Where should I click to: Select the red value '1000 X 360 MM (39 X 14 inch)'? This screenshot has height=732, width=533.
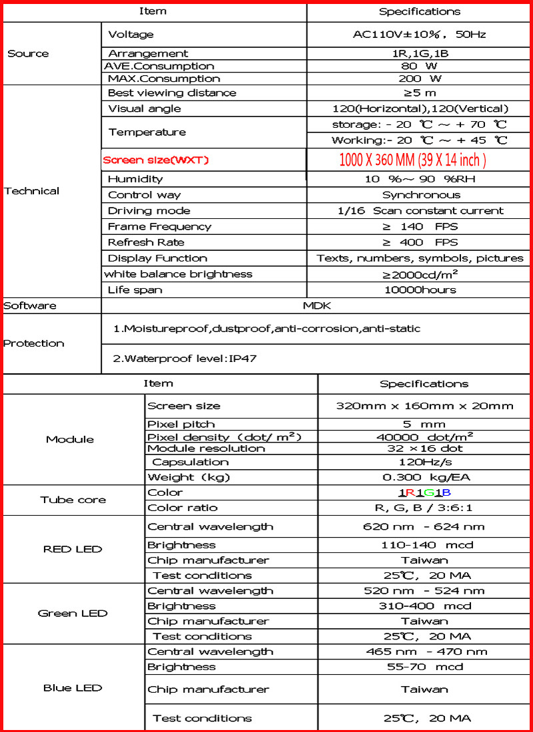pyautogui.click(x=413, y=160)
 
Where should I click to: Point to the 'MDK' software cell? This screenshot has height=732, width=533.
pyautogui.click(x=316, y=305)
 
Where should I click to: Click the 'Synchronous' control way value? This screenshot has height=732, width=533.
pyautogui.click(x=421, y=195)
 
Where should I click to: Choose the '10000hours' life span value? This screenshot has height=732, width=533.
pyautogui.click(x=420, y=289)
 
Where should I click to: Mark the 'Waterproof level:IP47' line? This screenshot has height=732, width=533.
pyautogui.click(x=185, y=359)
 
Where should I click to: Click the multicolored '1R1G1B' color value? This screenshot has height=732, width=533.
pyautogui.click(x=425, y=492)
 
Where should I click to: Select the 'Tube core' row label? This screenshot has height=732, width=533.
pyautogui.click(x=73, y=500)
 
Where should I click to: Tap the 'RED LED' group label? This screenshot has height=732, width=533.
pyautogui.click(x=73, y=549)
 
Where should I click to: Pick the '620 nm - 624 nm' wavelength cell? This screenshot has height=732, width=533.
pyautogui.click(x=424, y=526)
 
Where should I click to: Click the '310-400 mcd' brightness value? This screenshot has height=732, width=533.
pyautogui.click(x=424, y=606)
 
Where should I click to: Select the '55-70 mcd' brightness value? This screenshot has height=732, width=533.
pyautogui.click(x=424, y=666)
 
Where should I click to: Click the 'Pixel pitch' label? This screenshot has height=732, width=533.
pyautogui.click(x=181, y=424)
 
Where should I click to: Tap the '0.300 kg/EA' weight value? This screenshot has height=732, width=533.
pyautogui.click(x=424, y=477)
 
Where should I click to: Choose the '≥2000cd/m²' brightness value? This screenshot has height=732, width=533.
pyautogui.click(x=420, y=274)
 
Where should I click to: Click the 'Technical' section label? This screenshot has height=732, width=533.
pyautogui.click(x=31, y=191)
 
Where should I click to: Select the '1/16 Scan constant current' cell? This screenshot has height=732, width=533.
pyautogui.click(x=420, y=211)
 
